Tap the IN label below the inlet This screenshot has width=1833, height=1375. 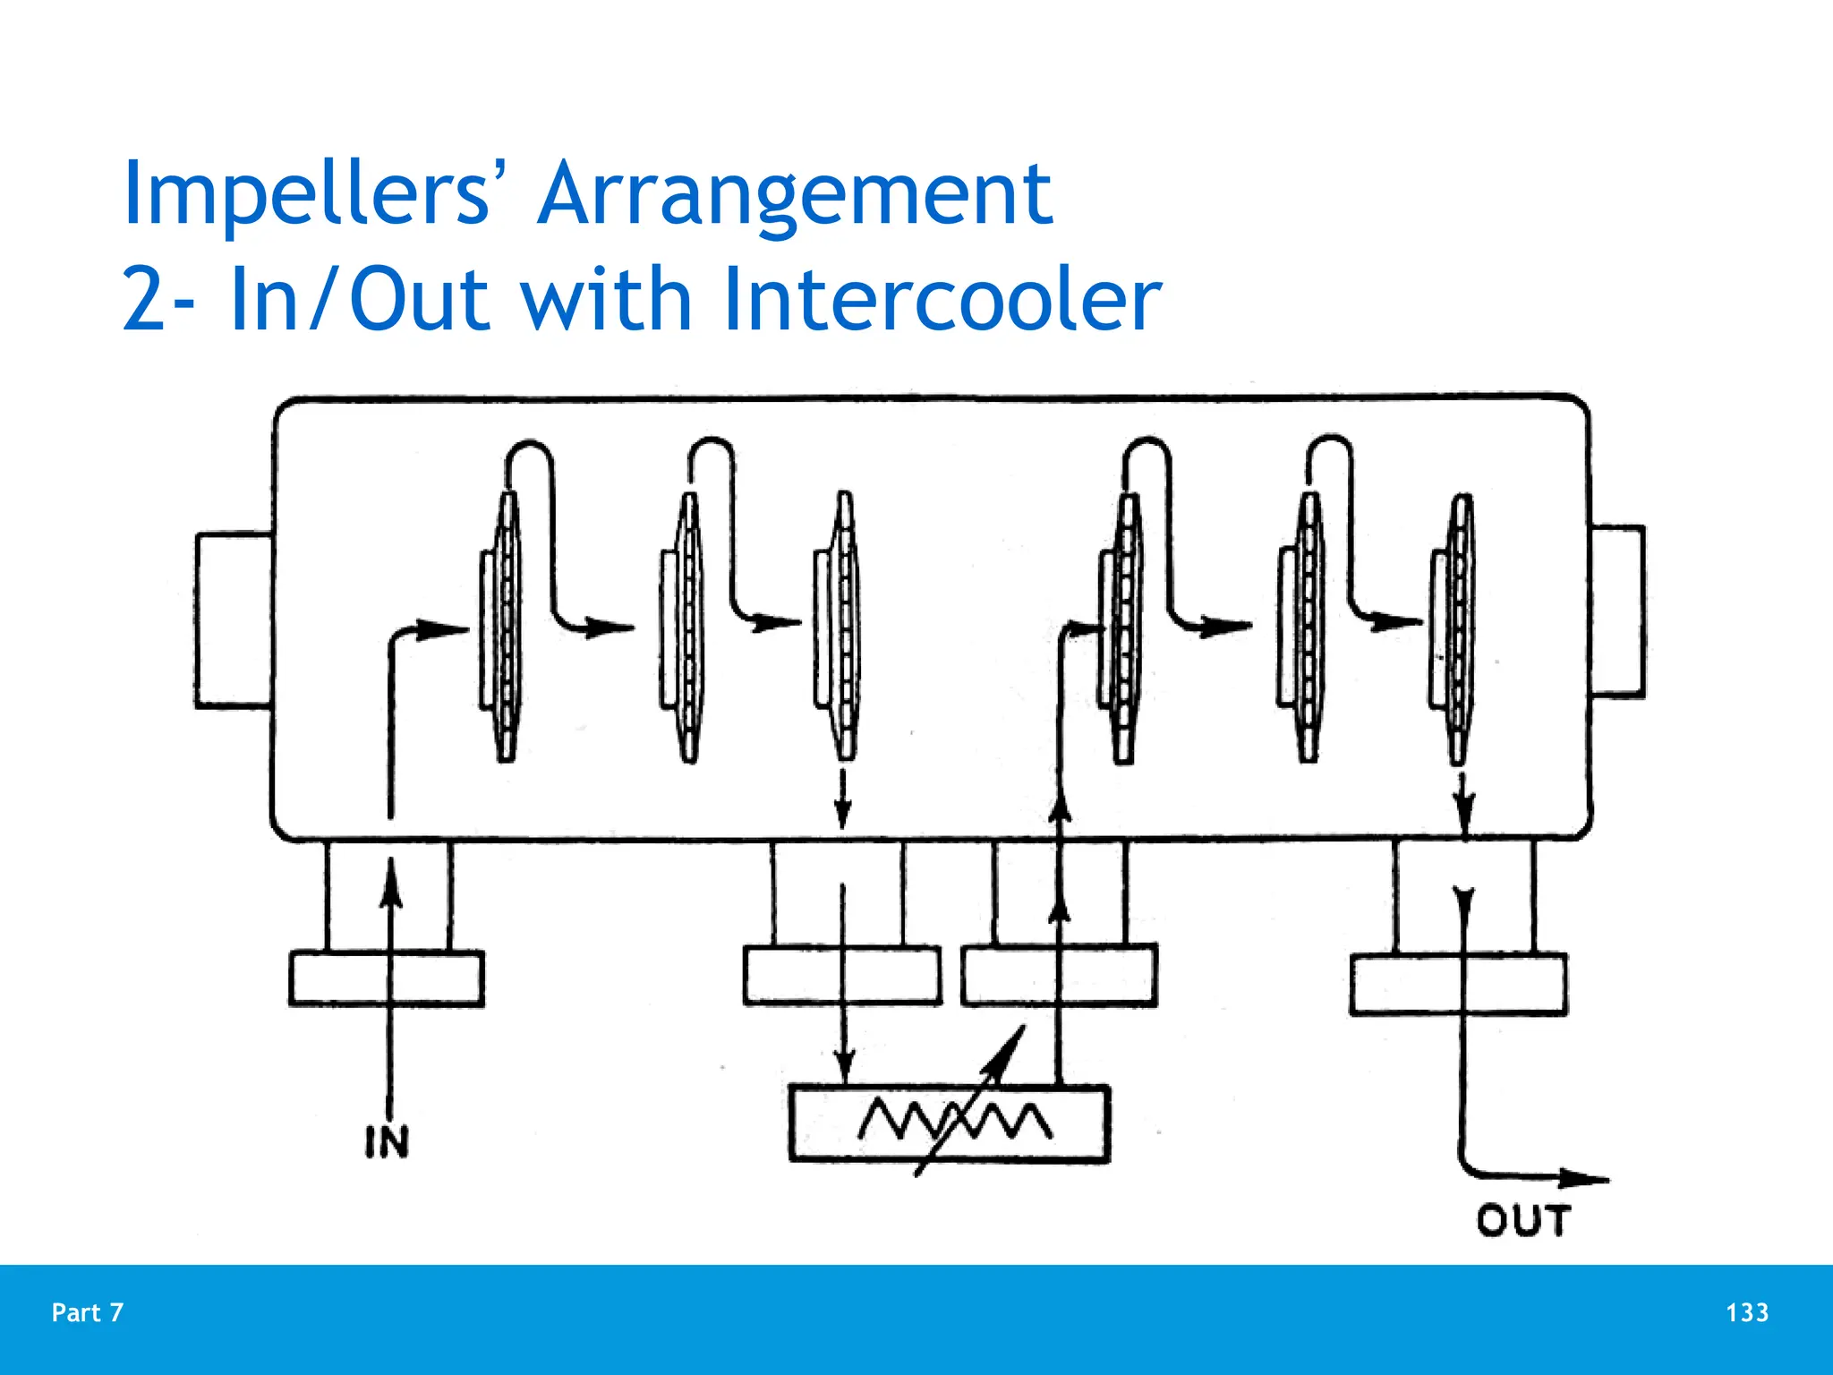tap(387, 1142)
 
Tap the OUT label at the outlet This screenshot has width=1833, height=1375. tap(1522, 1221)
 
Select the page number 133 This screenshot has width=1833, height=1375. tap(1746, 1312)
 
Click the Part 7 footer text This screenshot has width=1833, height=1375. tap(88, 1312)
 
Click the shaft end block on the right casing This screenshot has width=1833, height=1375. tap(1617, 611)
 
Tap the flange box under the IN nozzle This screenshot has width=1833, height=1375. tap(387, 978)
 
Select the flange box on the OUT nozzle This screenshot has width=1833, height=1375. tap(1458, 985)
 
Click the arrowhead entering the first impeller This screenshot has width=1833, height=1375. tap(443, 630)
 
